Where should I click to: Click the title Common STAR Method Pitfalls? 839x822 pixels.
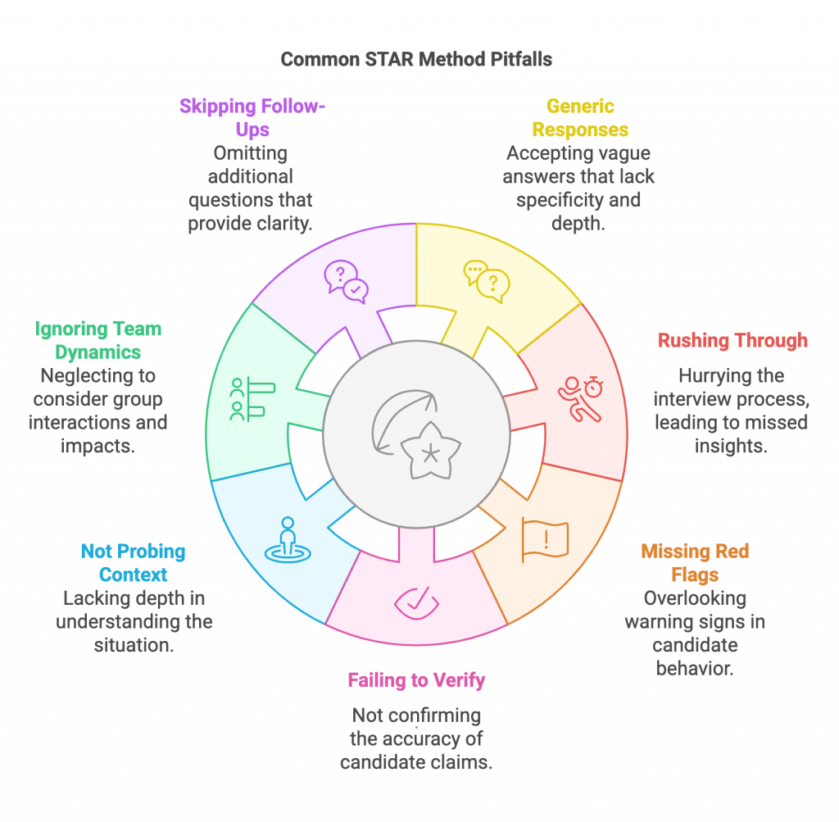tap(415, 60)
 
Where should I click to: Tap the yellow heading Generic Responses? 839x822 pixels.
tap(580, 117)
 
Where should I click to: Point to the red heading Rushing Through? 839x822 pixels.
tap(732, 340)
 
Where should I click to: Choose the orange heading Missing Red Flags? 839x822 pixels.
tap(695, 563)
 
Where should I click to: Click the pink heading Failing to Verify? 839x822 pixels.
tap(416, 679)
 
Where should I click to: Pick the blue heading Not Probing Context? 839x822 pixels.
tap(132, 563)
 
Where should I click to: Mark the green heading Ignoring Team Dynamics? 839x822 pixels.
tap(98, 340)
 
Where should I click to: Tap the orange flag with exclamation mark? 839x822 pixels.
tap(544, 539)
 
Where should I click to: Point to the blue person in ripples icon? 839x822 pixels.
tap(287, 541)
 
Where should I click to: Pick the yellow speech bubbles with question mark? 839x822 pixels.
tap(487, 281)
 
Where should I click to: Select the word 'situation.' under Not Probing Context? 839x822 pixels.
tap(134, 644)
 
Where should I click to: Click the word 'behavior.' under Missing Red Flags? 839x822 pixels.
tap(694, 667)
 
